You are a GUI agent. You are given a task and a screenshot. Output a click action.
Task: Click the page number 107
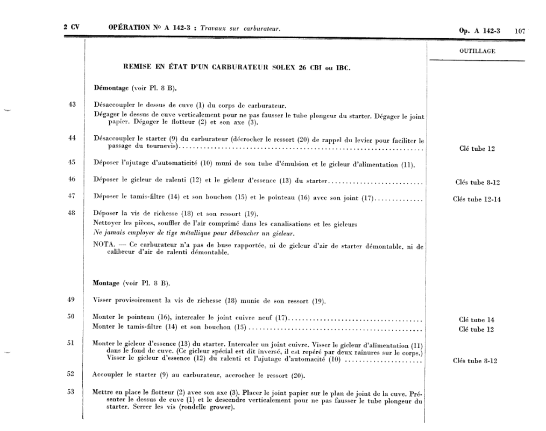pyautogui.click(x=519, y=31)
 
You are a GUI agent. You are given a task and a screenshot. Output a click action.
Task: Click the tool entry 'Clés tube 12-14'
pyautogui.click(x=477, y=199)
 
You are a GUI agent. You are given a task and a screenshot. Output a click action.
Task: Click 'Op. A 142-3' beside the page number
pyautogui.click(x=479, y=31)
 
